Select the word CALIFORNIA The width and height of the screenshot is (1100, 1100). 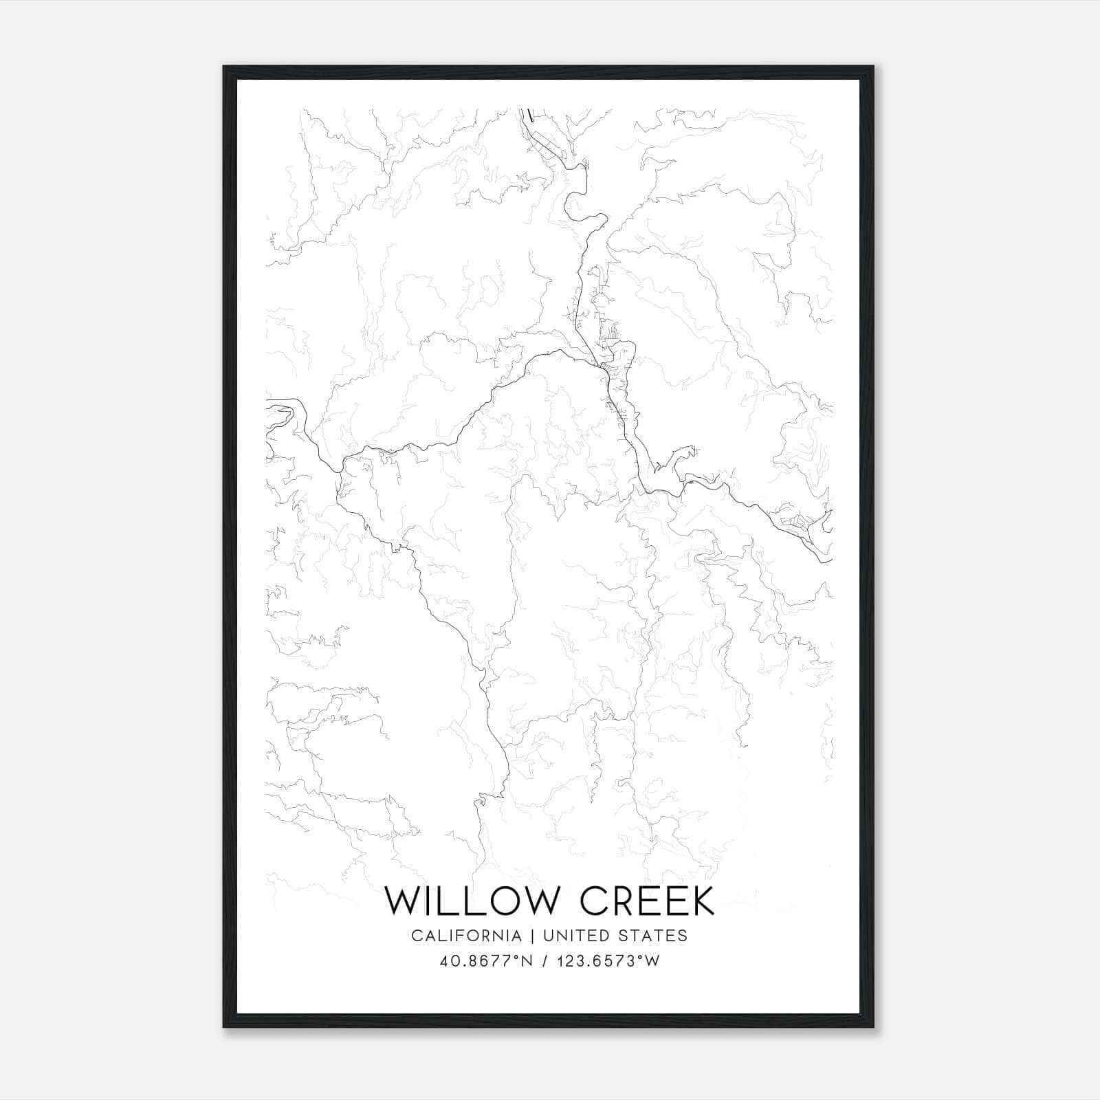466,935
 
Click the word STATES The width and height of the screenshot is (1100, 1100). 654,935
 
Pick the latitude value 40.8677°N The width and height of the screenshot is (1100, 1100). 487,960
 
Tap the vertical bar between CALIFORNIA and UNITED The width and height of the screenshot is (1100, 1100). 532,935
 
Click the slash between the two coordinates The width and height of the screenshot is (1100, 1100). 545,960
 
